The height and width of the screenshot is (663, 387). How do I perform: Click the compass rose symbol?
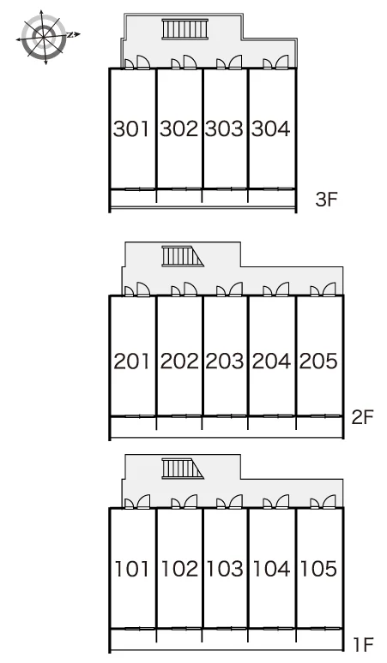coord(45,37)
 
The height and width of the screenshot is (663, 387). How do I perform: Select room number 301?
coord(131,129)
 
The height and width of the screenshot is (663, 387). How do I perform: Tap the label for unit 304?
coord(271,129)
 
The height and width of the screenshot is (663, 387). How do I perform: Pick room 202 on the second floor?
coord(179,361)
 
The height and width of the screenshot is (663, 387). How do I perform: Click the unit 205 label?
coord(318,361)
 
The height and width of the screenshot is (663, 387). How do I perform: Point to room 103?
coord(225,569)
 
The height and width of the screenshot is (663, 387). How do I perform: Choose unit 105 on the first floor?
coord(318,569)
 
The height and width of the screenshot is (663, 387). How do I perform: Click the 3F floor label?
coord(326,199)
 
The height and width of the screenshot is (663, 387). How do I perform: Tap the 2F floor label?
coord(363,417)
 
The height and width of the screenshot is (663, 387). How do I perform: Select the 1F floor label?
coord(364,645)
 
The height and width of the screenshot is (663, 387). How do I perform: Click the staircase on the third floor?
coord(185,29)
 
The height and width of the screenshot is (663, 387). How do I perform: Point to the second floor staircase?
coord(183,257)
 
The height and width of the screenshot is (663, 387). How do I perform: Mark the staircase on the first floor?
coord(183,469)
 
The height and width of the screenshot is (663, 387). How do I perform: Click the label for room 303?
coord(225,129)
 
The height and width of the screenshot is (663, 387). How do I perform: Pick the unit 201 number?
coord(131,361)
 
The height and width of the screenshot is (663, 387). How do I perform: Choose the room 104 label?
coord(271,569)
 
